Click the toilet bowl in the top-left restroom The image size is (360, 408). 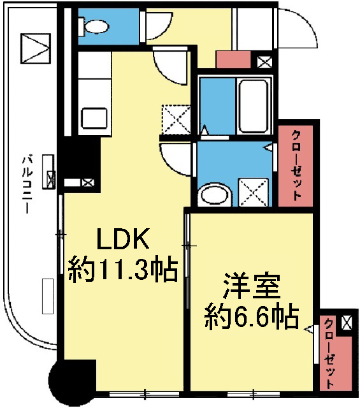97,26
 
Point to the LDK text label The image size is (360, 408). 122,241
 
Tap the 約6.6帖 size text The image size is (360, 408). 251,316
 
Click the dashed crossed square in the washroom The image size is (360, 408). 252,191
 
